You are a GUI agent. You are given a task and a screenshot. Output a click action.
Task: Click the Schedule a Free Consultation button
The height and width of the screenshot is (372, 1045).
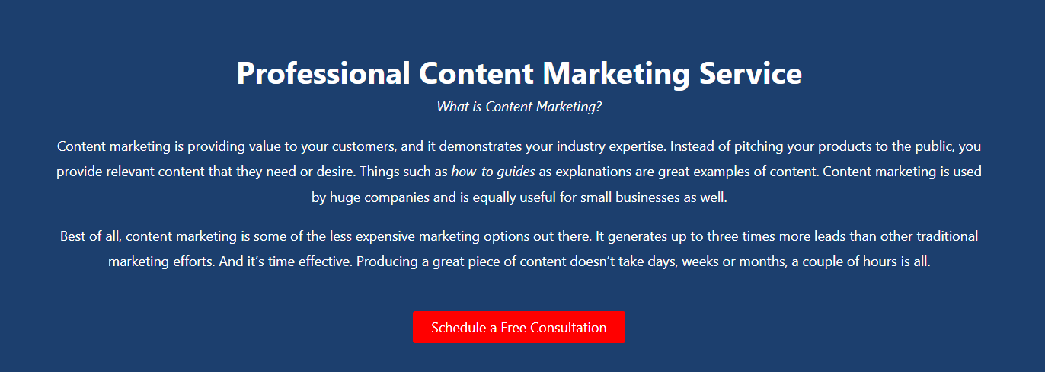(x=519, y=327)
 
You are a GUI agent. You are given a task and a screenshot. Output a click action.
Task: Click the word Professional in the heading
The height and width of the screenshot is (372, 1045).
(x=323, y=73)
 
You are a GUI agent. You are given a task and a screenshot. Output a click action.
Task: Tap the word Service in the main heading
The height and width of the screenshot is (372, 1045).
(x=750, y=73)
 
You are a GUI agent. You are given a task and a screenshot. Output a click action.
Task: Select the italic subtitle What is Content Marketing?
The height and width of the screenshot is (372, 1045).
(x=519, y=107)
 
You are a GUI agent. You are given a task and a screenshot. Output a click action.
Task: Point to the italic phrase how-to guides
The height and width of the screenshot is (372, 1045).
(x=493, y=172)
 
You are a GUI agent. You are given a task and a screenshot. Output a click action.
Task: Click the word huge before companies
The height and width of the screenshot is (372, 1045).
(x=345, y=198)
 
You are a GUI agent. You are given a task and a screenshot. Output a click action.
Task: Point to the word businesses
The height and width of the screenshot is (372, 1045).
(x=648, y=197)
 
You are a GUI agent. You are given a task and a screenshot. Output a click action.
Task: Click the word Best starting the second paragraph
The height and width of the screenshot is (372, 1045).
(x=73, y=236)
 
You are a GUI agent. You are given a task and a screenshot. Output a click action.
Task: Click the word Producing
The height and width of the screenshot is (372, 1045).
(x=387, y=261)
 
